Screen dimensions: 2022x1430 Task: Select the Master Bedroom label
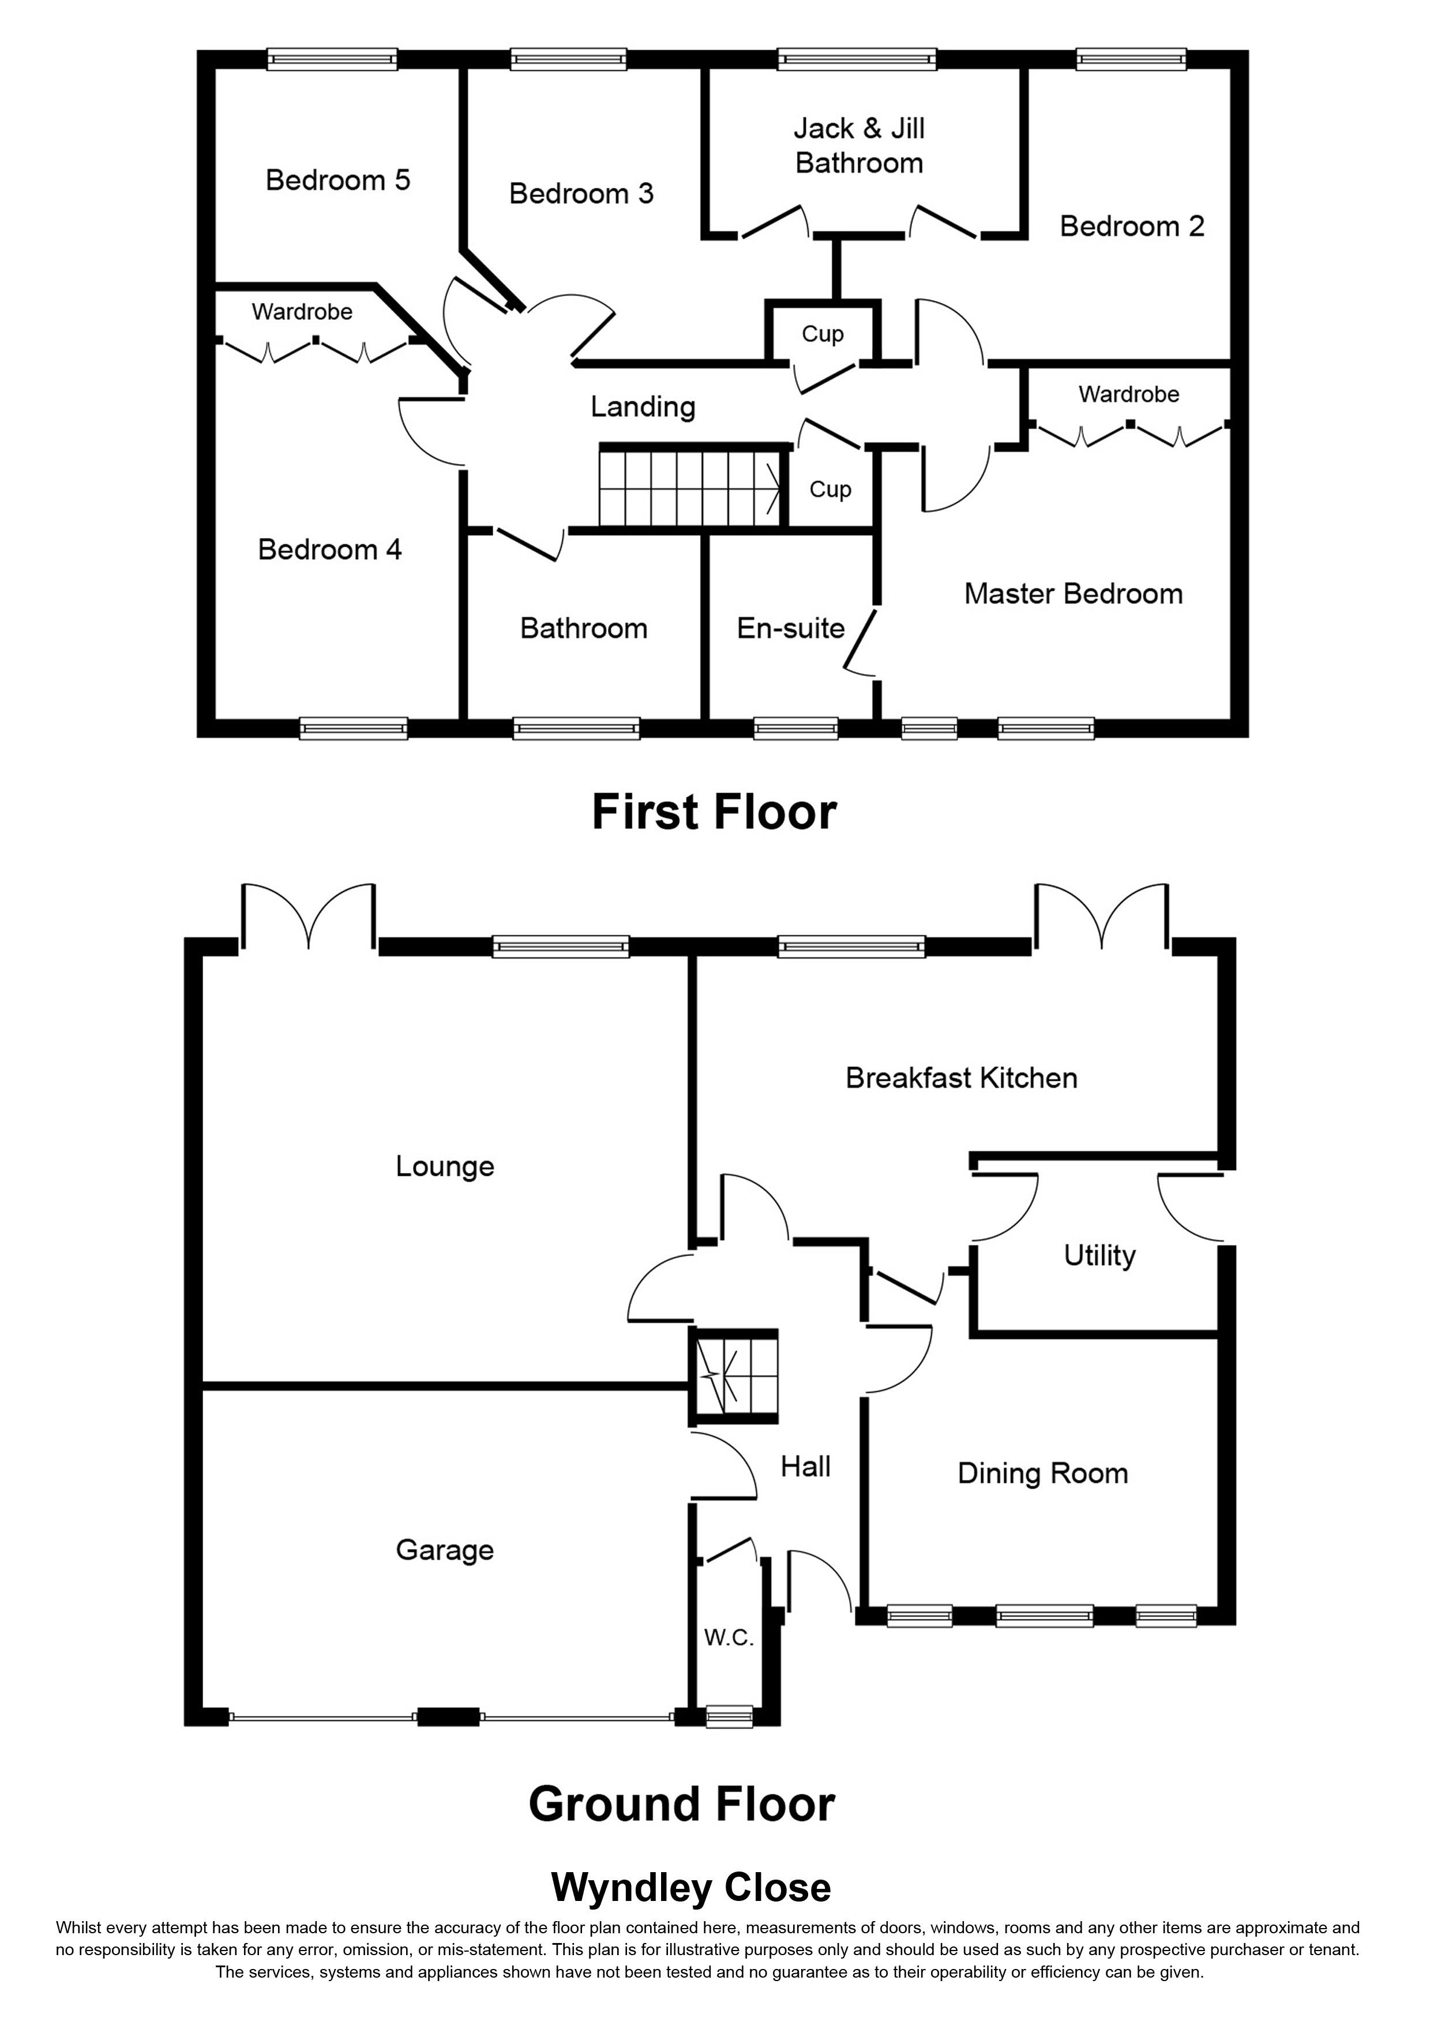(x=1073, y=594)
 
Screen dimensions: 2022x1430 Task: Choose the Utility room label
(x=1099, y=1255)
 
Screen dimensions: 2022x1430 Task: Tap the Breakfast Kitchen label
(x=961, y=1078)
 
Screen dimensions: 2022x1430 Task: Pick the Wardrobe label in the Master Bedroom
(x=1129, y=394)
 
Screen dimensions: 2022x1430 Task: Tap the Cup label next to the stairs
(x=830, y=489)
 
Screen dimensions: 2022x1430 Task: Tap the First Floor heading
(x=713, y=812)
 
